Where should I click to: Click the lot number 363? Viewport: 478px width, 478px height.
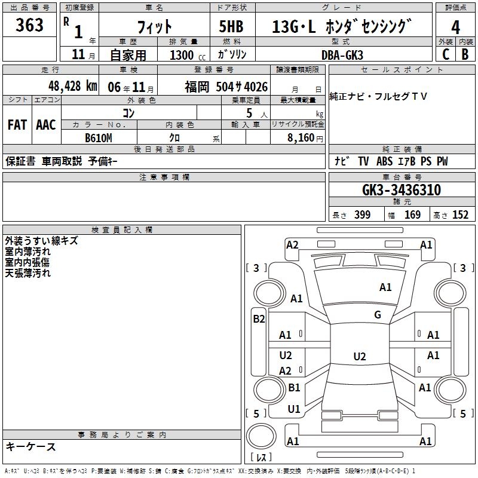pos(29,24)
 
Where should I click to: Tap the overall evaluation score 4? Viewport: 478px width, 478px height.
pos(455,27)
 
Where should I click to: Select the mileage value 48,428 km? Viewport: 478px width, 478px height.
pos(72,86)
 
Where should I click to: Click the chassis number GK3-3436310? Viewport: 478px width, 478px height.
pos(402,190)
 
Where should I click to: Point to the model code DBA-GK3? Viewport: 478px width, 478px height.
pos(342,55)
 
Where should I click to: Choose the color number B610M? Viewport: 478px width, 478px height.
pos(99,138)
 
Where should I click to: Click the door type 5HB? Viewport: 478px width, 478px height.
pos(231,26)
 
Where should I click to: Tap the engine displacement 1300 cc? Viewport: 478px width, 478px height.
pos(188,56)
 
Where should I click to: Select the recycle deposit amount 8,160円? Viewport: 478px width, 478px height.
pos(305,138)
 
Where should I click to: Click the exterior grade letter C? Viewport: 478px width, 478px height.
pos(446,54)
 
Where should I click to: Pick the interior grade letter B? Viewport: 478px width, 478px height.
pos(465,54)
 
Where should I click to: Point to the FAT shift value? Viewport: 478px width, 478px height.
pos(17,125)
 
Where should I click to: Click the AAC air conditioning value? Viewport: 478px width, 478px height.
pos(46,125)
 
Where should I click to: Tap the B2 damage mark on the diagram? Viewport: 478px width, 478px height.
pos(259,319)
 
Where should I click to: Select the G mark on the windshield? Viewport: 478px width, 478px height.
pos(378,315)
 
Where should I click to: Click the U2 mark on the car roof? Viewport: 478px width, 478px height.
pos(360,356)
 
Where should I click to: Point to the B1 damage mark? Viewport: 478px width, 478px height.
pos(294,387)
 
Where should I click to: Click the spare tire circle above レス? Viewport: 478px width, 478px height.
pos(261,436)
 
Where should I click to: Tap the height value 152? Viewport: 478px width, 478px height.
pos(460,215)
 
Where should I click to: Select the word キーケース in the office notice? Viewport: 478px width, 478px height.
pos(31,446)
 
